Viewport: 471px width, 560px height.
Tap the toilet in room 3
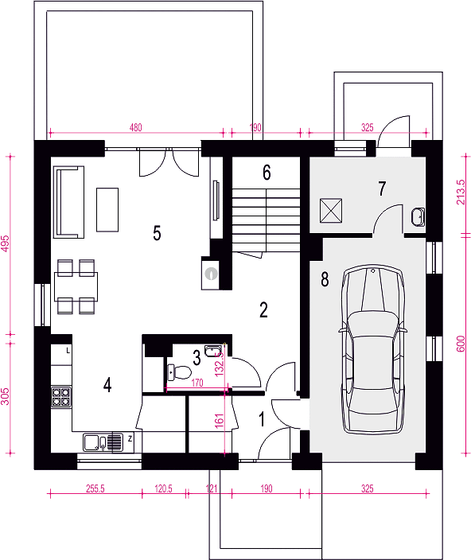coord(179,372)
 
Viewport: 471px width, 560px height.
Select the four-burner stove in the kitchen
coord(61,397)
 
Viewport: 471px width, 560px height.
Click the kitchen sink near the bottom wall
coord(103,442)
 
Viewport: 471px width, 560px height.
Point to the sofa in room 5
coord(68,202)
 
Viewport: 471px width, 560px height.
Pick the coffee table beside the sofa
coord(107,210)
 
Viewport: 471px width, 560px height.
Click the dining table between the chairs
coord(76,287)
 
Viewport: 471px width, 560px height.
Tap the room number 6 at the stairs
coord(267,172)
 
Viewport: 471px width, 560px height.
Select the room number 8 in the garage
coord(325,278)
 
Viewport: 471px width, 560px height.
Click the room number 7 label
coord(382,189)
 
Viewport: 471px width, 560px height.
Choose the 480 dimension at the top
coord(136,127)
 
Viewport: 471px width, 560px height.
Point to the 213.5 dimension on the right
coord(461,192)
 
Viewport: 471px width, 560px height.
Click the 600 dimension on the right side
coord(461,344)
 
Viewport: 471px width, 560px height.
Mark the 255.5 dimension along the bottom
coord(95,488)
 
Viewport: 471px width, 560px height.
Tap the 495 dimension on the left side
coord(5,243)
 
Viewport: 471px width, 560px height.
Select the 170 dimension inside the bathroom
coord(197,383)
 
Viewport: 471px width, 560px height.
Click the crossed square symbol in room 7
coord(331,211)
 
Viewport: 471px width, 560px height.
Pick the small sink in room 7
coord(418,217)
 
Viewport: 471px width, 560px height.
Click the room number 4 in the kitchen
coord(107,385)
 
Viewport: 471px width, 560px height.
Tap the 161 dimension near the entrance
coord(220,421)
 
